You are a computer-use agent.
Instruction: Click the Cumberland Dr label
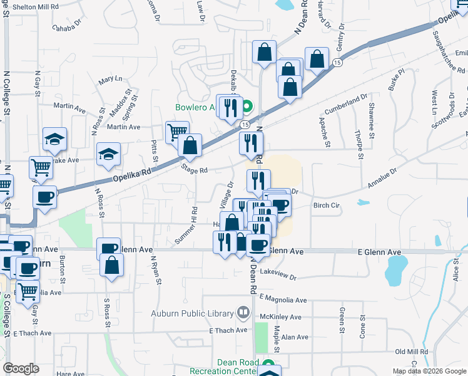coord(346,103)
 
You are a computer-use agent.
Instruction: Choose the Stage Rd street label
coord(194,170)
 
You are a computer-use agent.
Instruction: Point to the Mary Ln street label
coord(111,79)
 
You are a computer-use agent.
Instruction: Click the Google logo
coord(21,368)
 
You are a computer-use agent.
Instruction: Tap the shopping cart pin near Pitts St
coord(177,132)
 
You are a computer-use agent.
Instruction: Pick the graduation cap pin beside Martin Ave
coord(54,139)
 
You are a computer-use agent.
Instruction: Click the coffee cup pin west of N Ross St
coord(44,197)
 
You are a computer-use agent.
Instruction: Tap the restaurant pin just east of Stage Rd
coord(251,143)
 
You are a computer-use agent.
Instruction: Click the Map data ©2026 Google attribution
coord(429,371)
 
